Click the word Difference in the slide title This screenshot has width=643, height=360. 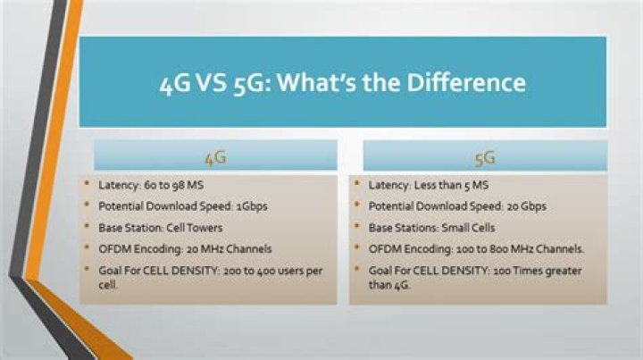[x=466, y=82]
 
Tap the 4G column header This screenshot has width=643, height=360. [x=216, y=158]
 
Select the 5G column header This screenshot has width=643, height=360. [x=485, y=158]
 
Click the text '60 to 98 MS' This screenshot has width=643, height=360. [x=174, y=185]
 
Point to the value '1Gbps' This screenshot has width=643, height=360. [x=252, y=206]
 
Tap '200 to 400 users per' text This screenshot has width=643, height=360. [x=272, y=271]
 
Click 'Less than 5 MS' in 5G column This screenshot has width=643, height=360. [x=452, y=185]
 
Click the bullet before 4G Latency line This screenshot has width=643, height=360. [x=87, y=183]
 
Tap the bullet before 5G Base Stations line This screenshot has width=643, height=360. [x=357, y=226]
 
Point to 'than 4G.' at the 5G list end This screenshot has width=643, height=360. [x=389, y=285]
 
